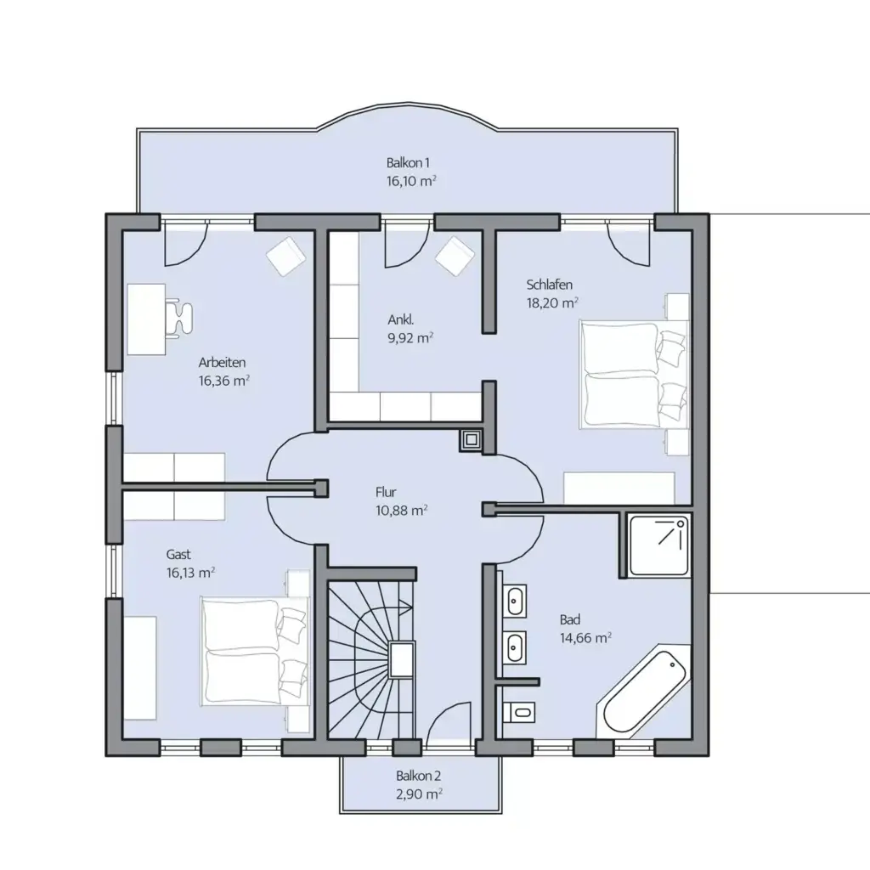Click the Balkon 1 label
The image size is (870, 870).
408,163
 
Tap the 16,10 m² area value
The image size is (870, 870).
411,181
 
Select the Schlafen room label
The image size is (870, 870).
550,285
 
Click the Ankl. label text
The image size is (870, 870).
401,320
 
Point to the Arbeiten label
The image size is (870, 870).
222,363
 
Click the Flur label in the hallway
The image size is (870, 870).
386,492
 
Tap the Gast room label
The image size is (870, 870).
178,554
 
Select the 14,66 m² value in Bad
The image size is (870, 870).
585,638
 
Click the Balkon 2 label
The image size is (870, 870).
418,776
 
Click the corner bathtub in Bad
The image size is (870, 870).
644,692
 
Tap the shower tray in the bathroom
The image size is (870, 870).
659,546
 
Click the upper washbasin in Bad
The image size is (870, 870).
516,601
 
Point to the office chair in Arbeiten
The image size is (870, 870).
179,317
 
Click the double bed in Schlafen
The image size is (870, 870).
633,374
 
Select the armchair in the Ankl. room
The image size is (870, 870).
454,256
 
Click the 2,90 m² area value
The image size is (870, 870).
419,794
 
